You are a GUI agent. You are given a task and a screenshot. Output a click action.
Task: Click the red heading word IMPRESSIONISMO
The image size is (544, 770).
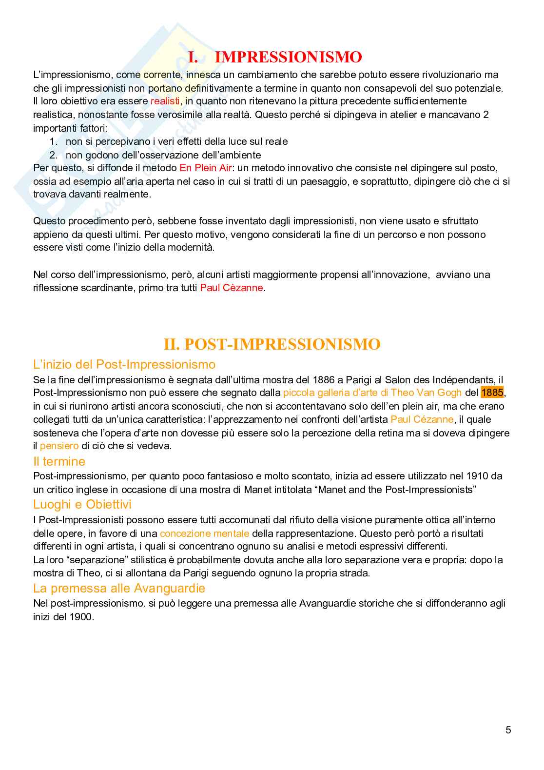click(288, 58)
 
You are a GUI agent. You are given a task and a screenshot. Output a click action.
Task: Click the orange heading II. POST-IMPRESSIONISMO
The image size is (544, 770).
click(272, 344)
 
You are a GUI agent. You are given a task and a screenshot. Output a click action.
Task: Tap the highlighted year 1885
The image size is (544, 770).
click(492, 393)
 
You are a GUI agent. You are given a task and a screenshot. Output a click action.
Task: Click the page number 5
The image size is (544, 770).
click(508, 730)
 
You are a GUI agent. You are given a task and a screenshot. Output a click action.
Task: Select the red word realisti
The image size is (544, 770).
click(165, 101)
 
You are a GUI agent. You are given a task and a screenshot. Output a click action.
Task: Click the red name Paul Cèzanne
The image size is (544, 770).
click(232, 288)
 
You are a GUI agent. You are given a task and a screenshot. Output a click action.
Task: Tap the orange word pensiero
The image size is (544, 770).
click(59, 446)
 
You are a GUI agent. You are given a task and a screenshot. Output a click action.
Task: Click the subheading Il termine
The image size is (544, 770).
click(59, 461)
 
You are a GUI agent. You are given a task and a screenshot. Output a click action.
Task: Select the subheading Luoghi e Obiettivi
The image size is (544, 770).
click(82, 504)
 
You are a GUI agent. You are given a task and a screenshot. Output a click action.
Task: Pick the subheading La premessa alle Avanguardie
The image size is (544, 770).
click(119, 588)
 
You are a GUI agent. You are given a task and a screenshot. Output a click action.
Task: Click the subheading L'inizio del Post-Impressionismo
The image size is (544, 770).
click(124, 364)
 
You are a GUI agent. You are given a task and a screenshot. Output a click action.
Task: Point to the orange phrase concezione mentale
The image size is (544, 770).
click(204, 533)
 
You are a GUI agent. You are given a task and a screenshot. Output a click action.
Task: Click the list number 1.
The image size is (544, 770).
click(54, 142)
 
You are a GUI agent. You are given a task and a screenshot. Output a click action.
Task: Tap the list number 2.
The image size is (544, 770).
click(54, 156)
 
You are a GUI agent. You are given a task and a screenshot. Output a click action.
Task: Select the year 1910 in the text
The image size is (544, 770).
click(477, 476)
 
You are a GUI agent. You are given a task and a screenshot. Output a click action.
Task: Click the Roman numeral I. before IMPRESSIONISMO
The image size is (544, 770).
click(193, 58)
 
